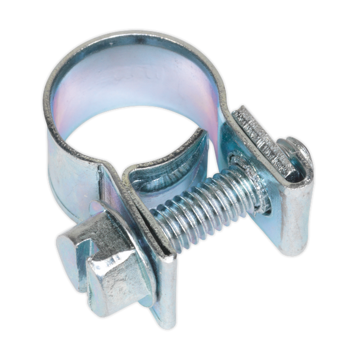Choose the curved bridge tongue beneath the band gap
[x=172, y=163]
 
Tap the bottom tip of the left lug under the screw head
[x=163, y=320]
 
